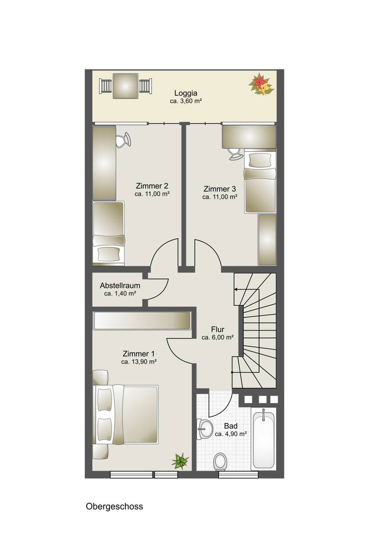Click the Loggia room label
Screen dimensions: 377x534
coord(186,93)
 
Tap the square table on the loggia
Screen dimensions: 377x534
coord(125,86)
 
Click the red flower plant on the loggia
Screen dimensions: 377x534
coord(261,84)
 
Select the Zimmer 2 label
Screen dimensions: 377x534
coord(152,186)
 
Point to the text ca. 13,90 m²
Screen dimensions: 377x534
coord(139,362)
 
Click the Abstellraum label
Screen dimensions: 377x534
coord(120,285)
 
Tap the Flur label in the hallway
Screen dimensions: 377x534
coord(217,329)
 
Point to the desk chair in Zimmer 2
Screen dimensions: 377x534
coord(124,140)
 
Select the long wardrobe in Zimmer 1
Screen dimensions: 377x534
coord(142,321)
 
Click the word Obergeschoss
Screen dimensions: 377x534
coord(114,506)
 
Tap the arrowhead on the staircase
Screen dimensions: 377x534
coord(236,289)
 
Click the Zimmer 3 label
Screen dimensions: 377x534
coord(220,189)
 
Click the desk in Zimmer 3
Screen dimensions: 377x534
coord(249,137)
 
